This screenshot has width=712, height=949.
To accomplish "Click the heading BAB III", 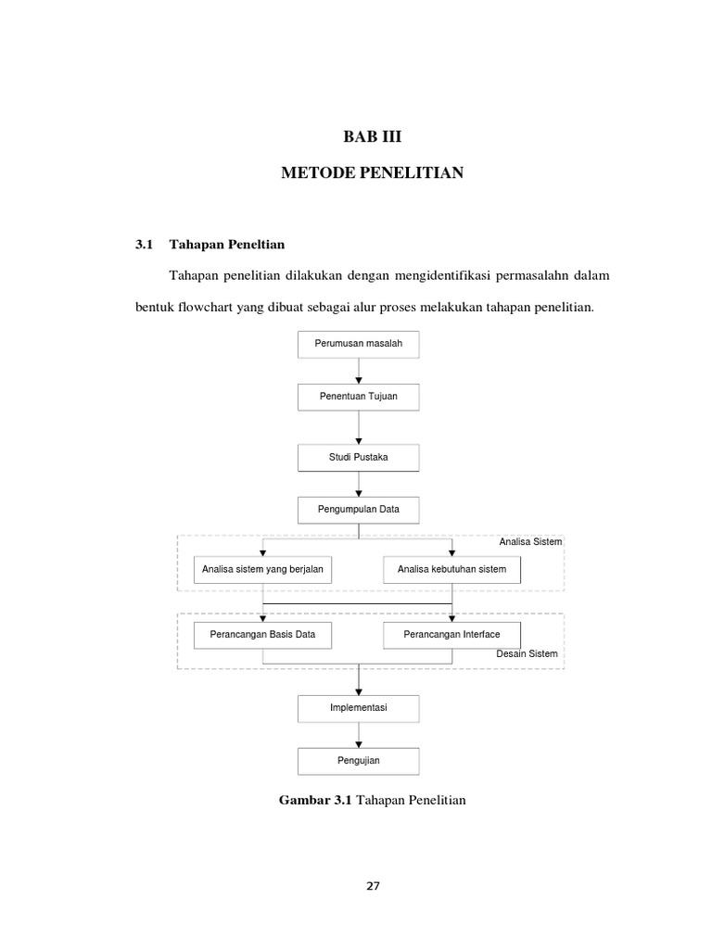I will [x=372, y=137].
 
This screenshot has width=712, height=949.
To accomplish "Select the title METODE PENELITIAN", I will [x=372, y=173].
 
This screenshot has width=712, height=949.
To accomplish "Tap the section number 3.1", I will [x=143, y=245].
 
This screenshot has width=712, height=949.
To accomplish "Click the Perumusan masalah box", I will [x=359, y=344].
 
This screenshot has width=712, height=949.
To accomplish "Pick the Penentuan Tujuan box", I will [x=359, y=397].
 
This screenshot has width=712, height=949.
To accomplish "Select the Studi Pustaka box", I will [x=359, y=457].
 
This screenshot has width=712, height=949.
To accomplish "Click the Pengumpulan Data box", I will [x=359, y=510].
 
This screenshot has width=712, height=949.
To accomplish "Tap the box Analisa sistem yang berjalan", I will [x=263, y=569].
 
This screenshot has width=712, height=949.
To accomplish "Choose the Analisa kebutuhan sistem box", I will [x=452, y=569].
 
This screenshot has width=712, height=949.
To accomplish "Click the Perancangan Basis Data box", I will [x=263, y=635].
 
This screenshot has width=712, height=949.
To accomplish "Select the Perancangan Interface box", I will [x=452, y=635].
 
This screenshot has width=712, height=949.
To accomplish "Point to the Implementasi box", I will [x=359, y=708].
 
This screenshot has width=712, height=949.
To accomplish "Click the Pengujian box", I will [x=359, y=761].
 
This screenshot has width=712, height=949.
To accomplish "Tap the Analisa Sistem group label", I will [x=530, y=541].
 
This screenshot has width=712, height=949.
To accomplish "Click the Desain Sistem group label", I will [x=528, y=654].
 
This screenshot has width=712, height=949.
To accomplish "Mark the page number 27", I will [x=373, y=885].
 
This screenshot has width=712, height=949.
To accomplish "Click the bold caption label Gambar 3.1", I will [x=311, y=799].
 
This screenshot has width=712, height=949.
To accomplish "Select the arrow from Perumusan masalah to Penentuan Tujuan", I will [x=359, y=371].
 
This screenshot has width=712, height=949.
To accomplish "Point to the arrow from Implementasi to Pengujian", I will [x=359, y=735].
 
